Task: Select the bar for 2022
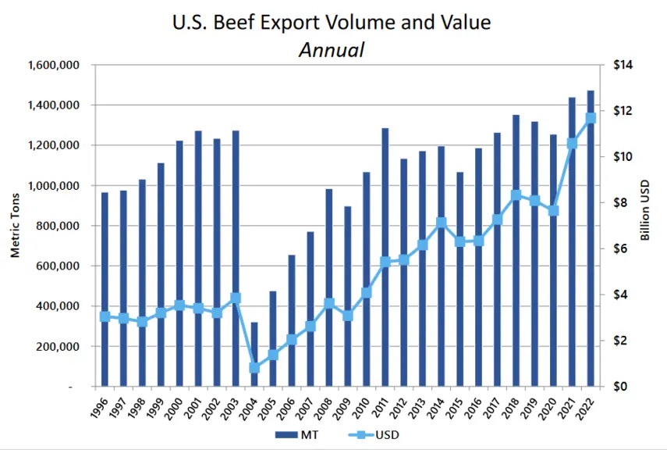pyautogui.click(x=591, y=238)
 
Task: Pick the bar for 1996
pyautogui.click(x=105, y=289)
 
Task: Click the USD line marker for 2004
pyautogui.click(x=254, y=367)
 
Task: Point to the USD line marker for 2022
pyautogui.click(x=591, y=118)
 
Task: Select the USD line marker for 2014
pyautogui.click(x=441, y=223)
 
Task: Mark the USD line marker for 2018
pyautogui.click(x=516, y=195)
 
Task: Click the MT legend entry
pyautogui.click(x=297, y=435)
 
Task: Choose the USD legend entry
pyautogui.click(x=374, y=435)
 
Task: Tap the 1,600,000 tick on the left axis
pyautogui.click(x=54, y=65)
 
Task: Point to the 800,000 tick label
pyautogui.click(x=59, y=226)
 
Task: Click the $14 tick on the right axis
pyautogui.click(x=623, y=65)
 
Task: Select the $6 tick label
pyautogui.click(x=621, y=248)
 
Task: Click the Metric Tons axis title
pyautogui.click(x=16, y=226)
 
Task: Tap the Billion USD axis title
pyautogui.click(x=645, y=210)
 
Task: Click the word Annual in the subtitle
pyautogui.click(x=332, y=50)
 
